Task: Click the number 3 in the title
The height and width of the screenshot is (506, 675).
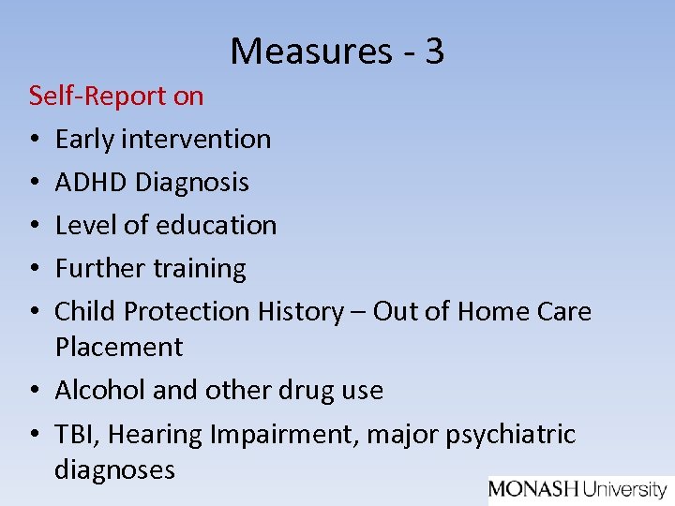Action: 433,51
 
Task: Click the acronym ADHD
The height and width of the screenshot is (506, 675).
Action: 92,182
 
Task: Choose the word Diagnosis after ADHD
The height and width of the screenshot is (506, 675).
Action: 192,183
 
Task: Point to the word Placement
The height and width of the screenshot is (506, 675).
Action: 119,348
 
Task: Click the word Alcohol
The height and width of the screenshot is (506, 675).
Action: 98,390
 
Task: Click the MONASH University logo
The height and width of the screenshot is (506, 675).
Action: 577,489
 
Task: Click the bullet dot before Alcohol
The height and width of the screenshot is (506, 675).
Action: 35,391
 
